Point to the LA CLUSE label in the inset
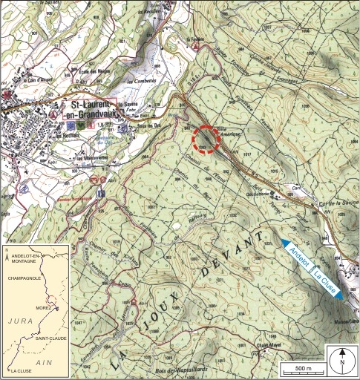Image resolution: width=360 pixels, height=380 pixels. (23, 369)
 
